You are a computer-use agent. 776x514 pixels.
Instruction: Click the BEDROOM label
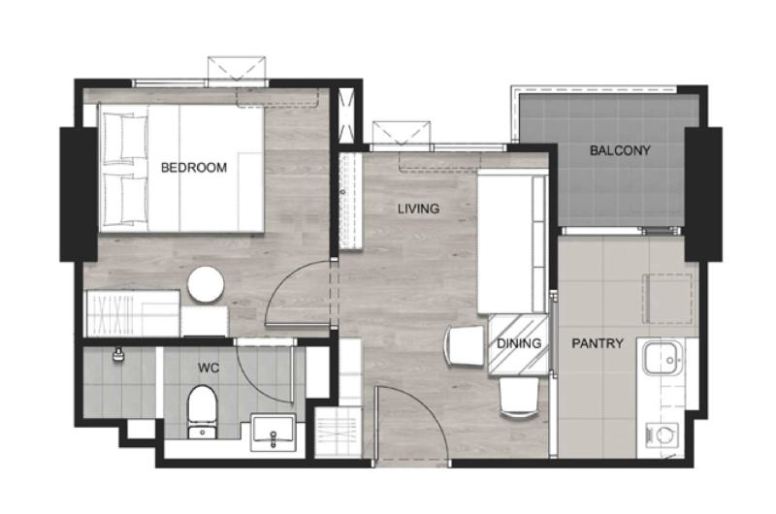coord(194,168)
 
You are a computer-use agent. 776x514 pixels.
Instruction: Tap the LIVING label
coord(419,209)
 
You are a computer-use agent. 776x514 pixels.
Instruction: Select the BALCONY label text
coord(620,150)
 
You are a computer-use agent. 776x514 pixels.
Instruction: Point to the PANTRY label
coord(598,343)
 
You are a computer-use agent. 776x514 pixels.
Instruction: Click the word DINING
coord(519,343)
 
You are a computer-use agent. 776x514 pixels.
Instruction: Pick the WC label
coord(209,369)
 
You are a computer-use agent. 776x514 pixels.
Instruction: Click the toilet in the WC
coord(203,411)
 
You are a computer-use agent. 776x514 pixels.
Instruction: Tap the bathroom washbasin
coord(274,433)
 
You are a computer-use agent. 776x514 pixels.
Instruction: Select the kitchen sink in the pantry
coord(663,358)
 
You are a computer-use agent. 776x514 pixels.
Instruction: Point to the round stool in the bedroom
coord(206,284)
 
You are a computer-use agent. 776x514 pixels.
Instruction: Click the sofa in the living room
coord(513,241)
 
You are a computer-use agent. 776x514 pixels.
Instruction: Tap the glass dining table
coord(518,344)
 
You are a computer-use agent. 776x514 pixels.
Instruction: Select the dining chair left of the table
coord(465,345)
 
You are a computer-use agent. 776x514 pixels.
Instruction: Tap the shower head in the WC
coord(117,354)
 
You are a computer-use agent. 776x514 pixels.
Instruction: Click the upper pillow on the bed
coord(125,137)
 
